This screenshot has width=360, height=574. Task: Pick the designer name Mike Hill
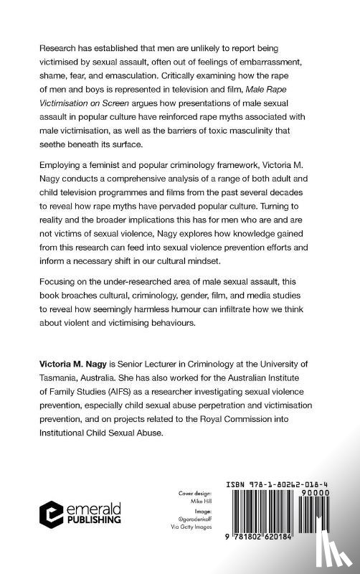click(x=186, y=502)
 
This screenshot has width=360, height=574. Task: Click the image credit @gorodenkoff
click(x=186, y=522)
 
